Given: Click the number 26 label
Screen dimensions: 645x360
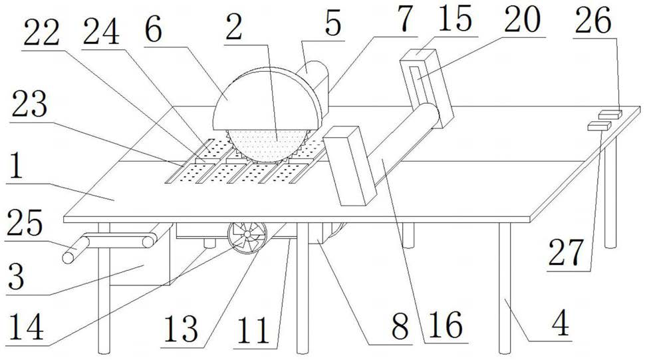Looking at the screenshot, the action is pos(593,23).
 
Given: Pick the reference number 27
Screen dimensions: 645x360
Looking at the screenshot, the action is pos(567,252).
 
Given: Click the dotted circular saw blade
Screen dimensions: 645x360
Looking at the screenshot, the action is pos(266,143).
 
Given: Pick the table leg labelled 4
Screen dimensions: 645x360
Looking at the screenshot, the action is pos(505,286).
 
